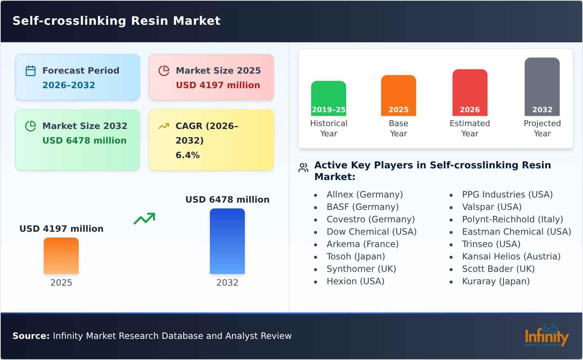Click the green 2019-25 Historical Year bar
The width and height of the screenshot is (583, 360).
coord(328,98)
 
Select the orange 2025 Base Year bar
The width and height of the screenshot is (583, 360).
coord(398,95)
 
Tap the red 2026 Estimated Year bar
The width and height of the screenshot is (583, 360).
coord(470,92)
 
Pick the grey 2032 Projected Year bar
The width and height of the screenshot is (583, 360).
coord(542,86)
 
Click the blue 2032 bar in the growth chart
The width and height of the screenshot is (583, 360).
coord(227,241)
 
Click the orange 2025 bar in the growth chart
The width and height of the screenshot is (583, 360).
coord(61,255)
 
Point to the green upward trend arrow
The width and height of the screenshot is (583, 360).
coord(144,219)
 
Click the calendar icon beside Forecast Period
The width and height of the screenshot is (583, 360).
coord(31,71)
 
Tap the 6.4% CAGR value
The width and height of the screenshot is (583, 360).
coord(188,155)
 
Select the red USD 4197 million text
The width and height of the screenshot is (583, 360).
coord(218,85)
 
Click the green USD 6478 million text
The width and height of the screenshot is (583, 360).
coord(85,141)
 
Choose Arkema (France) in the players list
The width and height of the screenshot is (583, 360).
coord(362,244)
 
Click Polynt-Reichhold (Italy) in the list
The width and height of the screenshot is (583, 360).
coord(512,219)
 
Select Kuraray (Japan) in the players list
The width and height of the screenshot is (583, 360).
coord(496,281)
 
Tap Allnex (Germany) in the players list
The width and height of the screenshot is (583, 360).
coord(364,195)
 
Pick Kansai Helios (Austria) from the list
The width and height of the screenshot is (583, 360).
coord(511,257)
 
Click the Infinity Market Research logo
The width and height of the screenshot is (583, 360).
coord(546,336)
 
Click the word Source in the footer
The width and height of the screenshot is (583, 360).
coord(31,336)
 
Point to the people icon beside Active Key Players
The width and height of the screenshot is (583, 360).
coord(303,168)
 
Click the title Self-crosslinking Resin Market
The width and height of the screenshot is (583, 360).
coord(117,21)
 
